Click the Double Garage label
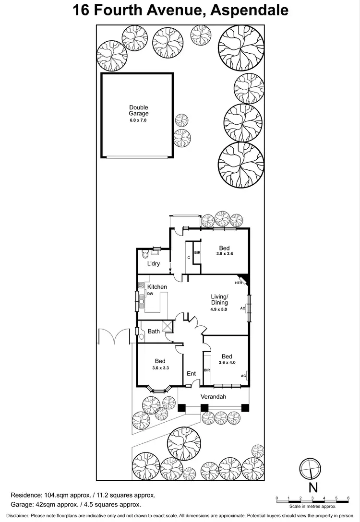point(138,111)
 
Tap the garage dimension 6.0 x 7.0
point(138,120)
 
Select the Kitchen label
point(157,287)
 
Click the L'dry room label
point(154,264)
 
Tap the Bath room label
point(154,331)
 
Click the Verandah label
point(213,397)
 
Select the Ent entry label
point(191,374)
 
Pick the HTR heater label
point(238,283)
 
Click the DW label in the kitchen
point(150,294)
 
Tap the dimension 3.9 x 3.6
point(224,254)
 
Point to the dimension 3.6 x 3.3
point(160,368)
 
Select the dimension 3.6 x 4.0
point(227,363)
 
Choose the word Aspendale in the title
point(250,10)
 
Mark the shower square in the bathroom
point(167,326)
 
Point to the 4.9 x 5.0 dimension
point(218,309)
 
